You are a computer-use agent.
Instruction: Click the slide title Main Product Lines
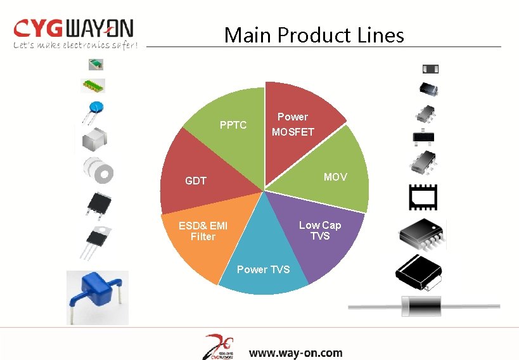(x=314, y=35)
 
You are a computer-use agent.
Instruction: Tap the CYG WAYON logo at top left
(x=74, y=29)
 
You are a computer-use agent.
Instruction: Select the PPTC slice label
(x=233, y=125)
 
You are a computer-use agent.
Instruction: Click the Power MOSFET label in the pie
(x=293, y=124)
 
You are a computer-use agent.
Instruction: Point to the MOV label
(x=335, y=177)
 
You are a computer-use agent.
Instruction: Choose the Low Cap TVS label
(x=320, y=230)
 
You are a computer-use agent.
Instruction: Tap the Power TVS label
(x=263, y=269)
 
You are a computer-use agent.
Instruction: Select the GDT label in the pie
(x=195, y=181)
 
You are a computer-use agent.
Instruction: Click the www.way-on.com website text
(x=295, y=352)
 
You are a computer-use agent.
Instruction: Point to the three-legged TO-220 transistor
(x=95, y=241)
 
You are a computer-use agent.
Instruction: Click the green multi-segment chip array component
(x=93, y=85)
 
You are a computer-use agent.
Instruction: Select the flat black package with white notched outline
(x=423, y=197)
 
